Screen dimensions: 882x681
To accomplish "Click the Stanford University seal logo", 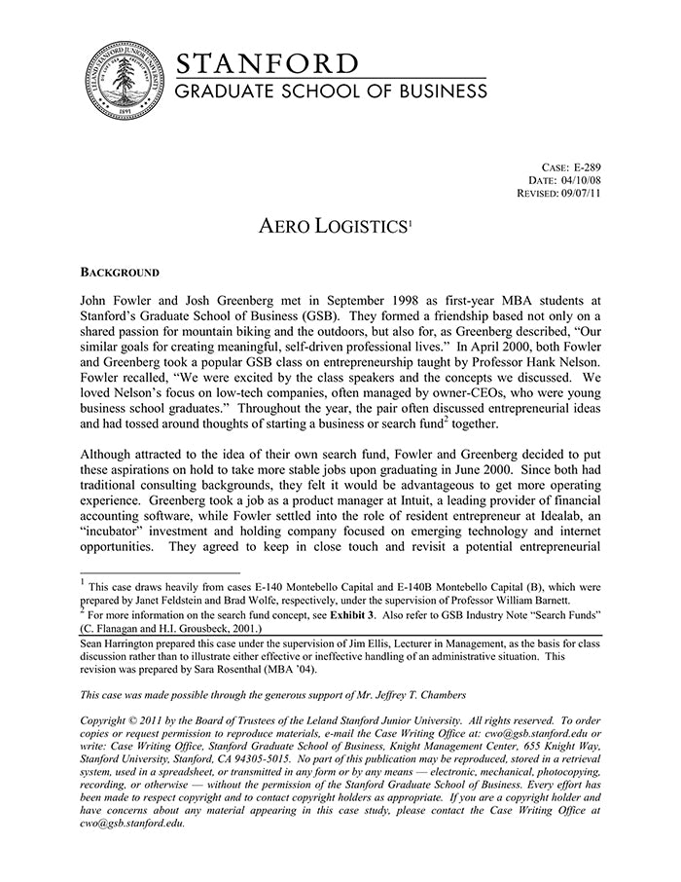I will click(123, 82).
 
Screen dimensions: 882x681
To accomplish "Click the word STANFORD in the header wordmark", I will click(267, 64).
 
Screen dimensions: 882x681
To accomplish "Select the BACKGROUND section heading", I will click(119, 272).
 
